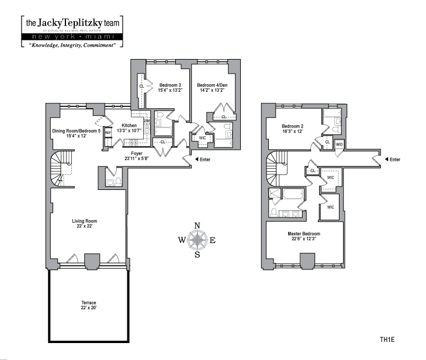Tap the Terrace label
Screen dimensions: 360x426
[x=88, y=302]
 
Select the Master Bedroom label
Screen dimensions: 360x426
[x=303, y=234]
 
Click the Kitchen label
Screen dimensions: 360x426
[x=129, y=126]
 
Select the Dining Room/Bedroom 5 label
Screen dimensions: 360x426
[x=76, y=131]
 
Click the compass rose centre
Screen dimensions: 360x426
[x=198, y=240]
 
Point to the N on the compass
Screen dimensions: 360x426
[x=198, y=226]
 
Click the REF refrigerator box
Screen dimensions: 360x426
[x=108, y=133]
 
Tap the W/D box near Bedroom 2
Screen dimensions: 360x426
[x=340, y=144]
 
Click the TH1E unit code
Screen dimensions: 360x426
[x=387, y=338]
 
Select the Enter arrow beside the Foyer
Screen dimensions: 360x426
[x=196, y=160]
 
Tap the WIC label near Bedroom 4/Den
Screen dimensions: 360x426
[x=202, y=139]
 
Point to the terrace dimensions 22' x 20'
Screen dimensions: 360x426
[x=88, y=307]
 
